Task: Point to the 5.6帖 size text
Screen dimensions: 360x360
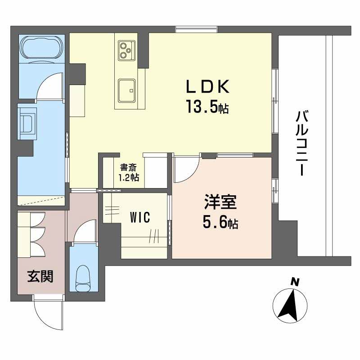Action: pos(219,223)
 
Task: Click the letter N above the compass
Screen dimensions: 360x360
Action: pos(295,283)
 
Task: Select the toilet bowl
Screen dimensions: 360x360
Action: pos(83,277)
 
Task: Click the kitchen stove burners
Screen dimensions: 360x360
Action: pos(126,50)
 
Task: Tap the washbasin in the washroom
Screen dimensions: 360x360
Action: pos(27,123)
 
